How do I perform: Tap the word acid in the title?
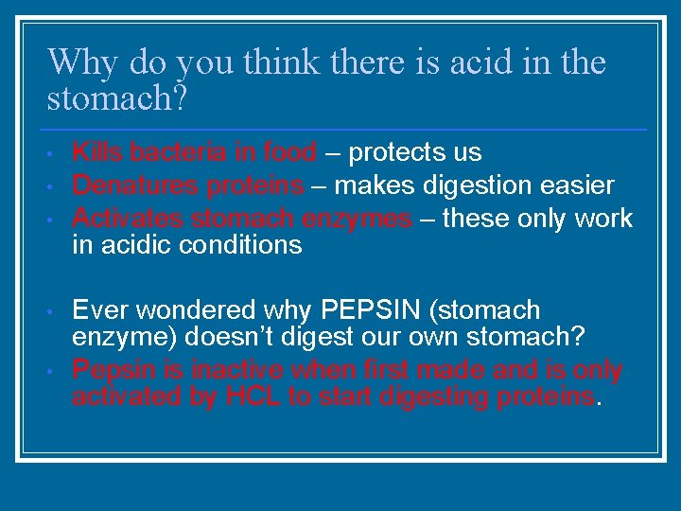[x=464, y=63]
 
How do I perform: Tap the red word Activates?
[x=129, y=219]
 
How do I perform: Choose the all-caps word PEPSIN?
[x=375, y=310]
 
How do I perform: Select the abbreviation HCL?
[x=253, y=396]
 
